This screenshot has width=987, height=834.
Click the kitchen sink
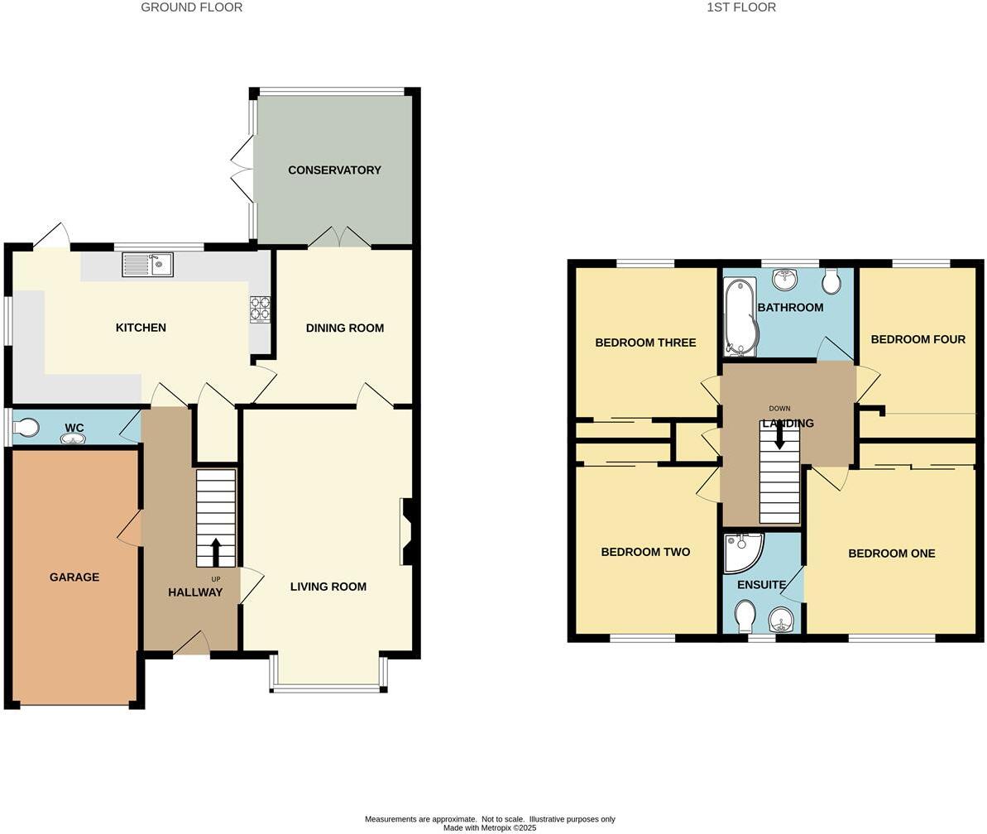(x=147, y=265)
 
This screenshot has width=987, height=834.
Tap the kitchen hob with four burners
(x=260, y=309)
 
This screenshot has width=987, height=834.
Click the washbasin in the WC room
(x=73, y=439)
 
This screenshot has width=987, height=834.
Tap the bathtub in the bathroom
(x=739, y=316)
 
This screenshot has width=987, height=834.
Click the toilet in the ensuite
(x=745, y=615)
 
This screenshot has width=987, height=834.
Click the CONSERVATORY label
(x=334, y=170)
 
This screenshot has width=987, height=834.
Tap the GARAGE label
(x=74, y=578)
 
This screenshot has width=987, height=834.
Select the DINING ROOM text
(x=345, y=328)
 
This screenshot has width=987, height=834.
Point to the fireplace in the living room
(x=406, y=531)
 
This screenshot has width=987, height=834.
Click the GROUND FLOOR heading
(x=191, y=7)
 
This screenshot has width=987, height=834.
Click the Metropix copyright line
(x=490, y=827)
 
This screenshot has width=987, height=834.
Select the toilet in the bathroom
(x=831, y=281)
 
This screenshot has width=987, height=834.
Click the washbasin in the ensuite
(x=781, y=618)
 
